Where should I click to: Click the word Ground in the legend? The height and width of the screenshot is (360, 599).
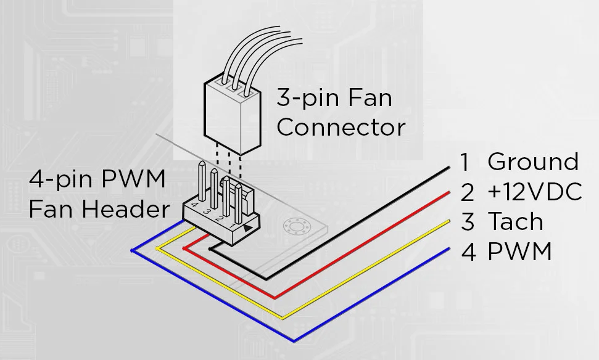[533, 162]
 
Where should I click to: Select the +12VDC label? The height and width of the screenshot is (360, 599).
[535, 192]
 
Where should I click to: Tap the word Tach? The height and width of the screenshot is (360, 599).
[516, 221]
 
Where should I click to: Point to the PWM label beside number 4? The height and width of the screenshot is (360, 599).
[520, 251]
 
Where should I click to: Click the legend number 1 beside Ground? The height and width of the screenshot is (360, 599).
[465, 162]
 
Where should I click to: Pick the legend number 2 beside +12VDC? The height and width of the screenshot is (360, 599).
[468, 192]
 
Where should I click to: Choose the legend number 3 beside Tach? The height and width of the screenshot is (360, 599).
[468, 222]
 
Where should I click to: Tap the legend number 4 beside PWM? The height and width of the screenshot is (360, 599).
[468, 252]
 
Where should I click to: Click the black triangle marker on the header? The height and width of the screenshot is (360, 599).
[247, 228]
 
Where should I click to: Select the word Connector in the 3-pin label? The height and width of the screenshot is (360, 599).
[341, 127]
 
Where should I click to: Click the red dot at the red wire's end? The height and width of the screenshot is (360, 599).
[184, 248]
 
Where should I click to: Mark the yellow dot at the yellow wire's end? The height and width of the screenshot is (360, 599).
[157, 248]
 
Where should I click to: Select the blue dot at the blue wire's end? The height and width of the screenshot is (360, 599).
[132, 251]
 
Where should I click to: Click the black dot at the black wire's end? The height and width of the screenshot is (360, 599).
[210, 249]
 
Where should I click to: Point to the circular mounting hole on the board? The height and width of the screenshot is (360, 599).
[295, 227]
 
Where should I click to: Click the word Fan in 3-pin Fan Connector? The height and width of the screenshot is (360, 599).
[370, 97]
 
